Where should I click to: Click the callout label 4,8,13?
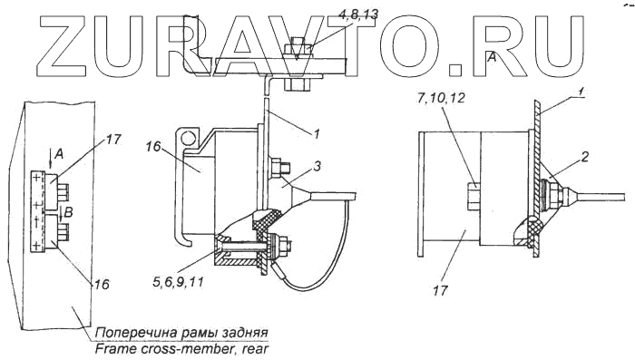pos(357,15)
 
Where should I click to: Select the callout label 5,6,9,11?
pos(178,281)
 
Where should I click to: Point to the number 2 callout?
pos(584,157)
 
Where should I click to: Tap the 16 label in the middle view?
pos(154,146)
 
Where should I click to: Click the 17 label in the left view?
pos(113,140)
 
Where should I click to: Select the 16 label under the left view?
pos(102,284)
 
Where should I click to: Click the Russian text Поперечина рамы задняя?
pos(181,334)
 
